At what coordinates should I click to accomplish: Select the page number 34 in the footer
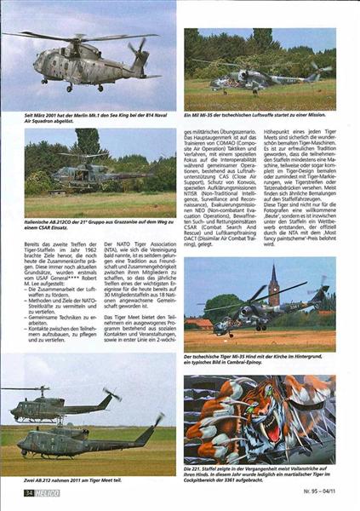point(29,492)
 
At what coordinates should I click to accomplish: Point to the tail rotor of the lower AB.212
point(158,420)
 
